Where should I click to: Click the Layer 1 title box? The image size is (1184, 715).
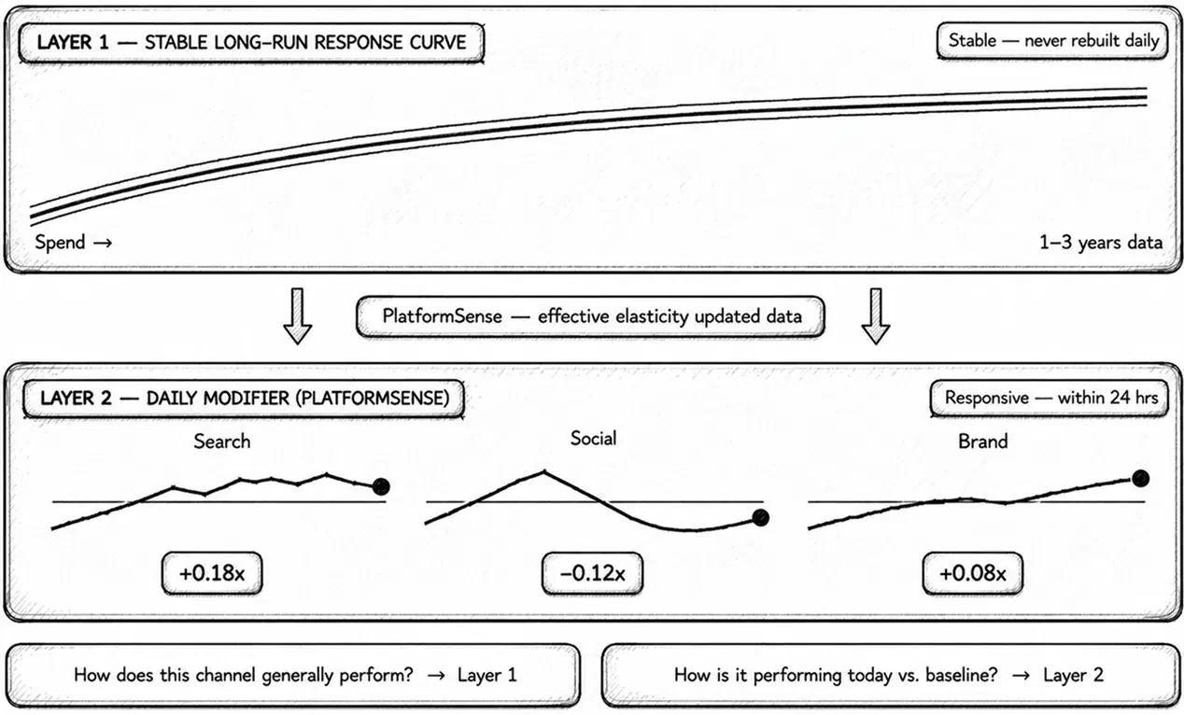(x=251, y=42)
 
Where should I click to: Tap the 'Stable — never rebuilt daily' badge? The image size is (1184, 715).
(x=1053, y=41)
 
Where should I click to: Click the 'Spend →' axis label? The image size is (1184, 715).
(x=74, y=243)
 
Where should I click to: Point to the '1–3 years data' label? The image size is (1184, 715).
(x=1101, y=243)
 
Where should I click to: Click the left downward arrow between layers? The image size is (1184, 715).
(x=297, y=316)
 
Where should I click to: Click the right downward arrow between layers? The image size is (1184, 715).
(x=875, y=316)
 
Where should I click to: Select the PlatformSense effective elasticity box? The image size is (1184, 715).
(x=591, y=316)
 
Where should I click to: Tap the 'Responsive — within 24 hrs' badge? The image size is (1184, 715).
(x=1050, y=398)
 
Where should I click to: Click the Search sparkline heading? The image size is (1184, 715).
(x=222, y=441)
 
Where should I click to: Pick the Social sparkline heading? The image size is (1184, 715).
(x=594, y=438)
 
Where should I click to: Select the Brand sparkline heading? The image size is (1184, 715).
(x=982, y=441)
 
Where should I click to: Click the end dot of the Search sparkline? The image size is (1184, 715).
(x=381, y=486)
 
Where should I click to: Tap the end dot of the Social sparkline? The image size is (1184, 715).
(x=760, y=518)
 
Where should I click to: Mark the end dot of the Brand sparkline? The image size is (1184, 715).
(x=1140, y=478)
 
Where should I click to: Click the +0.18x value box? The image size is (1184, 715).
(x=211, y=573)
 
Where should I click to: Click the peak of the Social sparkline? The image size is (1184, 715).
(x=543, y=471)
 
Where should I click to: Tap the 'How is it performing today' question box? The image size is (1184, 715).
(x=888, y=674)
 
